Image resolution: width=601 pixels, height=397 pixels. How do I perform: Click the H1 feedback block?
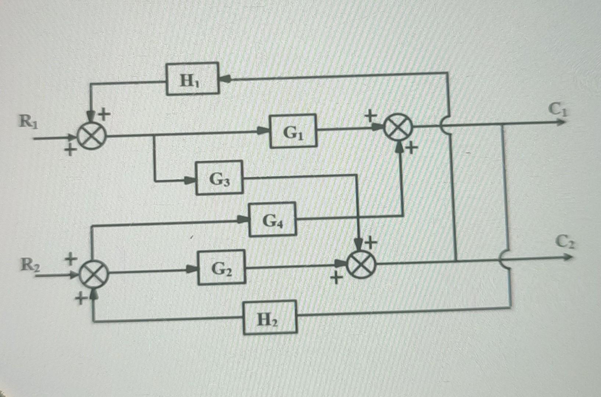[x=192, y=79]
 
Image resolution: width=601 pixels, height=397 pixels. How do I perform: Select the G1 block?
[x=293, y=131]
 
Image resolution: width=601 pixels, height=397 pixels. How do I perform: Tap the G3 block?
[x=219, y=178]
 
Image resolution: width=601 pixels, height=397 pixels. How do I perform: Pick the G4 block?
[x=272, y=219]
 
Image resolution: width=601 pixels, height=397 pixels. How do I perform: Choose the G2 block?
[x=221, y=267]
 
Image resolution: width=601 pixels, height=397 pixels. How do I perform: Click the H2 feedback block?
[x=270, y=317]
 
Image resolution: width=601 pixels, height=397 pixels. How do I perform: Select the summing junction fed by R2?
[x=94, y=274]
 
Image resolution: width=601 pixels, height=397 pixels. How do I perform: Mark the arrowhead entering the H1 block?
[x=225, y=78]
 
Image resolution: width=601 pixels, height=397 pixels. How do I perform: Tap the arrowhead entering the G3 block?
[x=190, y=180]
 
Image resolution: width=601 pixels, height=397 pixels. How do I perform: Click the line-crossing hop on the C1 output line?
[x=446, y=125]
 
